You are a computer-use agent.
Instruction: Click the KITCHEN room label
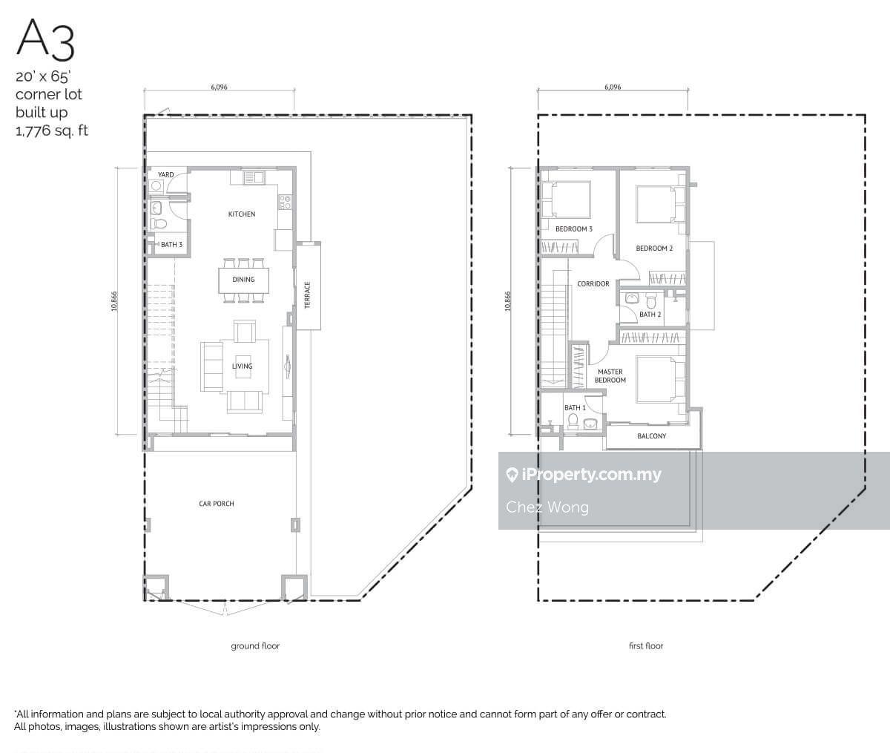[x=242, y=214]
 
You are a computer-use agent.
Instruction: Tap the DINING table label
[x=243, y=280]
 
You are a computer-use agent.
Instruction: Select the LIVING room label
[x=242, y=366]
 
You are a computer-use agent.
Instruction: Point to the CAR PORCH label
[x=216, y=504]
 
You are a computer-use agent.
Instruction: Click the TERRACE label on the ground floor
[x=308, y=295]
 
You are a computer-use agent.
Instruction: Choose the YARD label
[x=166, y=174]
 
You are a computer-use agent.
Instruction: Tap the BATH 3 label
[x=171, y=245]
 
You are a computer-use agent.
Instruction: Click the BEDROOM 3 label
[x=574, y=229]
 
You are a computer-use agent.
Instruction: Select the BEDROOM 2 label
[x=654, y=249]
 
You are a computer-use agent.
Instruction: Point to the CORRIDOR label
[x=593, y=284]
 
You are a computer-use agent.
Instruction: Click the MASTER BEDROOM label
[x=610, y=376]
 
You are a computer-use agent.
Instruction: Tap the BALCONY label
[x=651, y=436]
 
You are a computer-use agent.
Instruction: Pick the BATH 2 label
[x=650, y=315]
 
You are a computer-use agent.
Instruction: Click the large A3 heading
[x=46, y=39]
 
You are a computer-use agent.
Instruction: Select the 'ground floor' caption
[x=255, y=646]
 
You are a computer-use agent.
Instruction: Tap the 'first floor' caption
[x=646, y=645]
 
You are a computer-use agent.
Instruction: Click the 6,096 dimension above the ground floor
[x=219, y=87]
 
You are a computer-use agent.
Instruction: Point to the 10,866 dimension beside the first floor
[x=508, y=301]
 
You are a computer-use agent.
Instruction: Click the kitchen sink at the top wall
[x=254, y=177]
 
